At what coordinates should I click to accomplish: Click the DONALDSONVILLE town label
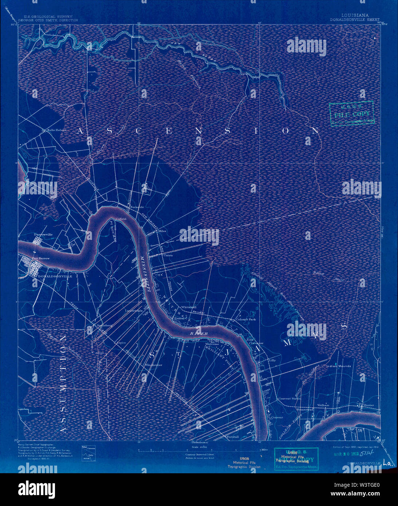(55, 276)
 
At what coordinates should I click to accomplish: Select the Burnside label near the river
(137, 207)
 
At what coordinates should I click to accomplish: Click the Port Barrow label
(40, 258)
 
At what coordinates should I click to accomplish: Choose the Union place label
(168, 255)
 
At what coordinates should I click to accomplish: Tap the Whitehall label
(188, 307)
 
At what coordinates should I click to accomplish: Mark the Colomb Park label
(246, 319)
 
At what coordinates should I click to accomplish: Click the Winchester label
(153, 365)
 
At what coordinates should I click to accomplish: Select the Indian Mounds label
(339, 366)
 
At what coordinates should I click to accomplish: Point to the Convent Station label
(289, 399)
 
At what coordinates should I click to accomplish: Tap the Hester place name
(368, 405)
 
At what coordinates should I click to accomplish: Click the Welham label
(323, 405)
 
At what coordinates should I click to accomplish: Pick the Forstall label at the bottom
(232, 436)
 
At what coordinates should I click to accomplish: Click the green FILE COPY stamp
(351, 114)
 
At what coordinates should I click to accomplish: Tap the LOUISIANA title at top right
(355, 16)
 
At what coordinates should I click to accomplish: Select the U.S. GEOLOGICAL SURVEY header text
(48, 16)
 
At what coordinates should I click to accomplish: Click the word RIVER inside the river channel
(199, 333)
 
